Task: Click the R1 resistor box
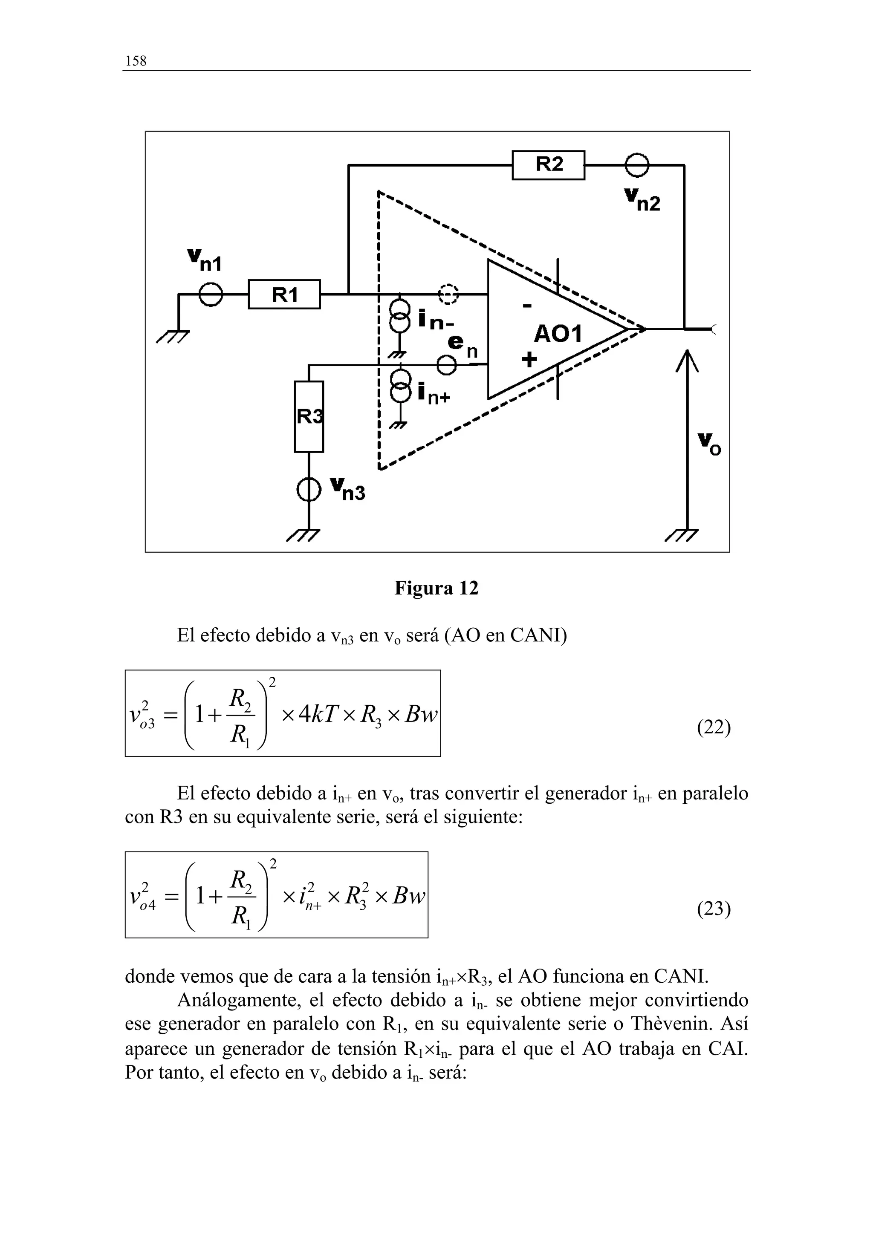284,294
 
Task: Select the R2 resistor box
548,164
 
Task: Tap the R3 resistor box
309,416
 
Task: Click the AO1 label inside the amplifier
558,335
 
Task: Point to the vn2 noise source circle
637,165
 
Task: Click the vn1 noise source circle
210,294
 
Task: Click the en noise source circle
446,365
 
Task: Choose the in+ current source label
434,394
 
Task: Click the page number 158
136,61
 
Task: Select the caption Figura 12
436,588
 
